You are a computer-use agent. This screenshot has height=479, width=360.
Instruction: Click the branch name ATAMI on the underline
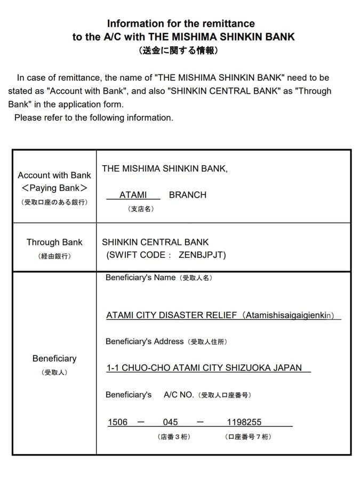point(133,195)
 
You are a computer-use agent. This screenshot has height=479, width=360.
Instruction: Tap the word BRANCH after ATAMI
point(187,195)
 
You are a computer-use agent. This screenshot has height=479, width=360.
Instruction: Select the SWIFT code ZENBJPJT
point(203,255)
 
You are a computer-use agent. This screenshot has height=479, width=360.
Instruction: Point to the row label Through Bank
point(54,242)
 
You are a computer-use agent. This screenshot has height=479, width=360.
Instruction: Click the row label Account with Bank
point(54,175)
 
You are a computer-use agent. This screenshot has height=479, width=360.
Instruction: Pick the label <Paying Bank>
point(54,188)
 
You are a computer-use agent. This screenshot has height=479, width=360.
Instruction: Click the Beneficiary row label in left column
point(54,359)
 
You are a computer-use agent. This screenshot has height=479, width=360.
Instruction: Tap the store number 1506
point(118,422)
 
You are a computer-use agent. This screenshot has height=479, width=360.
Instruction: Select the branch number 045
point(171,422)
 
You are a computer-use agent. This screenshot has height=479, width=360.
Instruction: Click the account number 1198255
point(244,422)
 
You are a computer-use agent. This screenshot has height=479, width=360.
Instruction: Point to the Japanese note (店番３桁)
point(174,437)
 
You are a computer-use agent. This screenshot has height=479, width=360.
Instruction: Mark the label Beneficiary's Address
point(145,341)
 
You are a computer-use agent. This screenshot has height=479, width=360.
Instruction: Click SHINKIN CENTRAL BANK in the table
point(155,242)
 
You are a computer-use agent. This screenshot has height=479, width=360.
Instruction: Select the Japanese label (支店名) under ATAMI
point(141,209)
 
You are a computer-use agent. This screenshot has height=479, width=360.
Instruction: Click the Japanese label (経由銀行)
point(54,256)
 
